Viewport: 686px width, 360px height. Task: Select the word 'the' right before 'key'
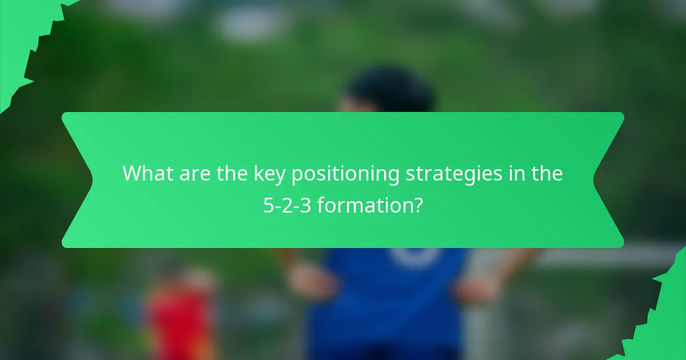click(232, 174)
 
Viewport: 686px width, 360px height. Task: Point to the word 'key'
click(270, 174)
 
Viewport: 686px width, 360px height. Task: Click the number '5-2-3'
click(288, 205)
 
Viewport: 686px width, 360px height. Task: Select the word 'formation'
click(364, 205)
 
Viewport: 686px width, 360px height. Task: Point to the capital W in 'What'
click(131, 174)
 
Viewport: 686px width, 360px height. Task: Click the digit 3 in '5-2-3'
click(306, 205)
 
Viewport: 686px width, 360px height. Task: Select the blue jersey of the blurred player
click(389, 297)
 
